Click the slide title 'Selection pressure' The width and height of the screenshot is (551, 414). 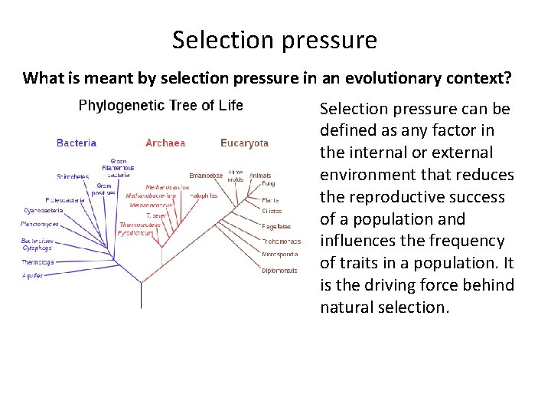click(x=275, y=40)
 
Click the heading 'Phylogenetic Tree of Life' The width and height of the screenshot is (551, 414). click(x=161, y=106)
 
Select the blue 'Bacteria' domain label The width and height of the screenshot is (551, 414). click(x=77, y=143)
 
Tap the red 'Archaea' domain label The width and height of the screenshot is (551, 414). click(x=165, y=143)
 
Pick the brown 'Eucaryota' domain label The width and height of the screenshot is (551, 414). click(x=244, y=143)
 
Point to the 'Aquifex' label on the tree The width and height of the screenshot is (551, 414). click(x=32, y=274)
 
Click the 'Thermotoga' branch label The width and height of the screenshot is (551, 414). click(x=36, y=261)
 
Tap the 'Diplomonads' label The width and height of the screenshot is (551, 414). click(x=279, y=271)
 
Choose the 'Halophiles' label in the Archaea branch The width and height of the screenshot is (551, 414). click(x=204, y=195)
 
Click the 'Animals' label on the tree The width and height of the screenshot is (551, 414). click(x=260, y=176)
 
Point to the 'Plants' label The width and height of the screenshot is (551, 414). click(x=271, y=199)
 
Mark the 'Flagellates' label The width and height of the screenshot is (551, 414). click(x=276, y=226)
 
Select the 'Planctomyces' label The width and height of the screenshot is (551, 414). click(x=40, y=225)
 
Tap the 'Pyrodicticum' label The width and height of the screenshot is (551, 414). click(x=135, y=233)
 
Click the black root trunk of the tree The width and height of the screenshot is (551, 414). click(x=141, y=295)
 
